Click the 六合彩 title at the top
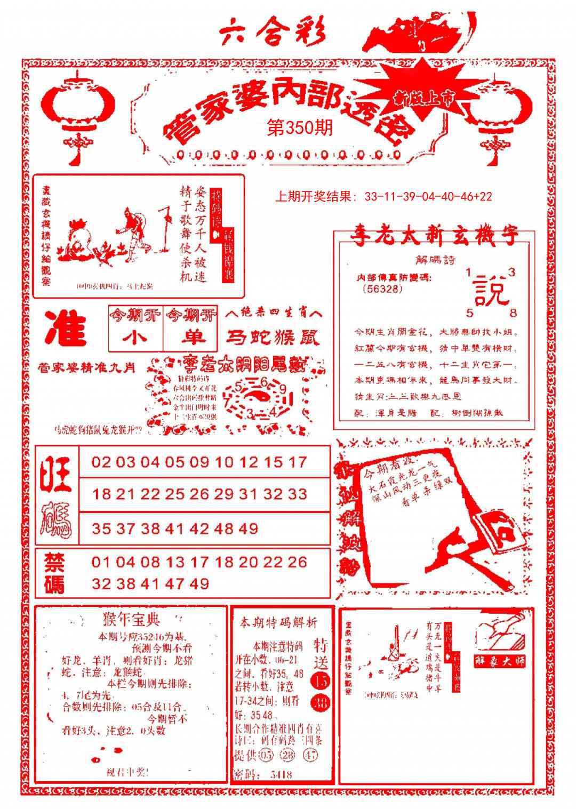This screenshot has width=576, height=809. (x=273, y=34)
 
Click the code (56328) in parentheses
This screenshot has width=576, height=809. (x=382, y=289)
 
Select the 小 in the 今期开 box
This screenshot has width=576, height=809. (x=135, y=338)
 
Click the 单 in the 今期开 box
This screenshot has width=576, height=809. (x=190, y=338)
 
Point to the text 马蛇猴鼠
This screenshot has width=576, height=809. (x=273, y=338)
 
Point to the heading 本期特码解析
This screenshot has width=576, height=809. (x=278, y=622)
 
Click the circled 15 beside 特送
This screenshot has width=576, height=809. (x=322, y=680)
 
